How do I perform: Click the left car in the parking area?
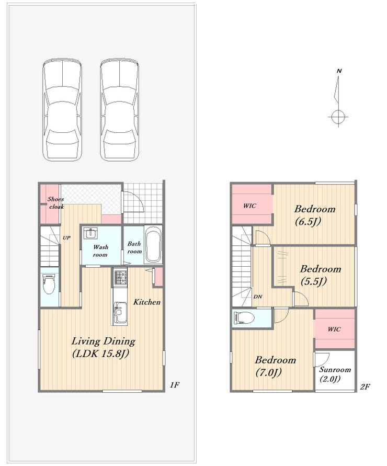tap(62, 110)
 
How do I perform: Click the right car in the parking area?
tap(119, 110)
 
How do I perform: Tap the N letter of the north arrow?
tap(339, 71)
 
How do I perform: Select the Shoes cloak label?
tap(55, 203)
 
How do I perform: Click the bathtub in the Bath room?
tap(153, 245)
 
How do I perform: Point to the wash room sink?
tap(90, 234)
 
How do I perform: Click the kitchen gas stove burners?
tap(120, 277)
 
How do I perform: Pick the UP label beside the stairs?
tap(66, 238)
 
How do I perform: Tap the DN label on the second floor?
tap(258, 297)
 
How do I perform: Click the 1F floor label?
tap(175, 385)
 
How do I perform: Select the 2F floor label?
tap(365, 387)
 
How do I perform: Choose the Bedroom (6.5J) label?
tap(314, 215)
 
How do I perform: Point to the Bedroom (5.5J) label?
tap(320, 275)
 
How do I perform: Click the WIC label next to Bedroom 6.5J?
tap(249, 206)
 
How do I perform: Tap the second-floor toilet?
tap(244, 317)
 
